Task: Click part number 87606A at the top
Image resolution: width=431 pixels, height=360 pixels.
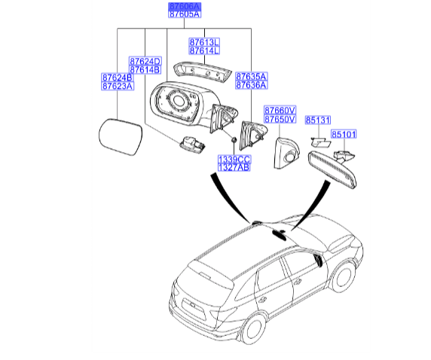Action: click(x=184, y=6)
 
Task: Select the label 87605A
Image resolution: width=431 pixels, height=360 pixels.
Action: click(x=184, y=14)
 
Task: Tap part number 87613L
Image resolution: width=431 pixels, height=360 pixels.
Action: click(x=203, y=42)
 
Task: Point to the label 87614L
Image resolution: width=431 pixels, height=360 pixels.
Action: click(x=203, y=50)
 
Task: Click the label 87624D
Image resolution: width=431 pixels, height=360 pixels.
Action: click(x=145, y=61)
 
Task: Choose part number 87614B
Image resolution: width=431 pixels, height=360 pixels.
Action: click(x=145, y=69)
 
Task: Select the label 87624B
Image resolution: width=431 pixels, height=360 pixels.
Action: click(x=118, y=78)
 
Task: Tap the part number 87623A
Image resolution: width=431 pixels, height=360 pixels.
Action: click(x=118, y=86)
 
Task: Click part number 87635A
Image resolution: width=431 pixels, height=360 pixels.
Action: click(x=251, y=78)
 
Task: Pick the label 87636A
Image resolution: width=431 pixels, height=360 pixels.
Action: click(x=251, y=86)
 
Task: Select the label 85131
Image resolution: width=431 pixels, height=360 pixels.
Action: click(x=318, y=120)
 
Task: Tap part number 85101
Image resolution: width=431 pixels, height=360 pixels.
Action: click(x=344, y=134)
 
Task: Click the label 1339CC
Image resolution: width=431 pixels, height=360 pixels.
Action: click(x=234, y=160)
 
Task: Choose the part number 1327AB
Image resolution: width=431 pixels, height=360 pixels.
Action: click(x=234, y=168)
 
